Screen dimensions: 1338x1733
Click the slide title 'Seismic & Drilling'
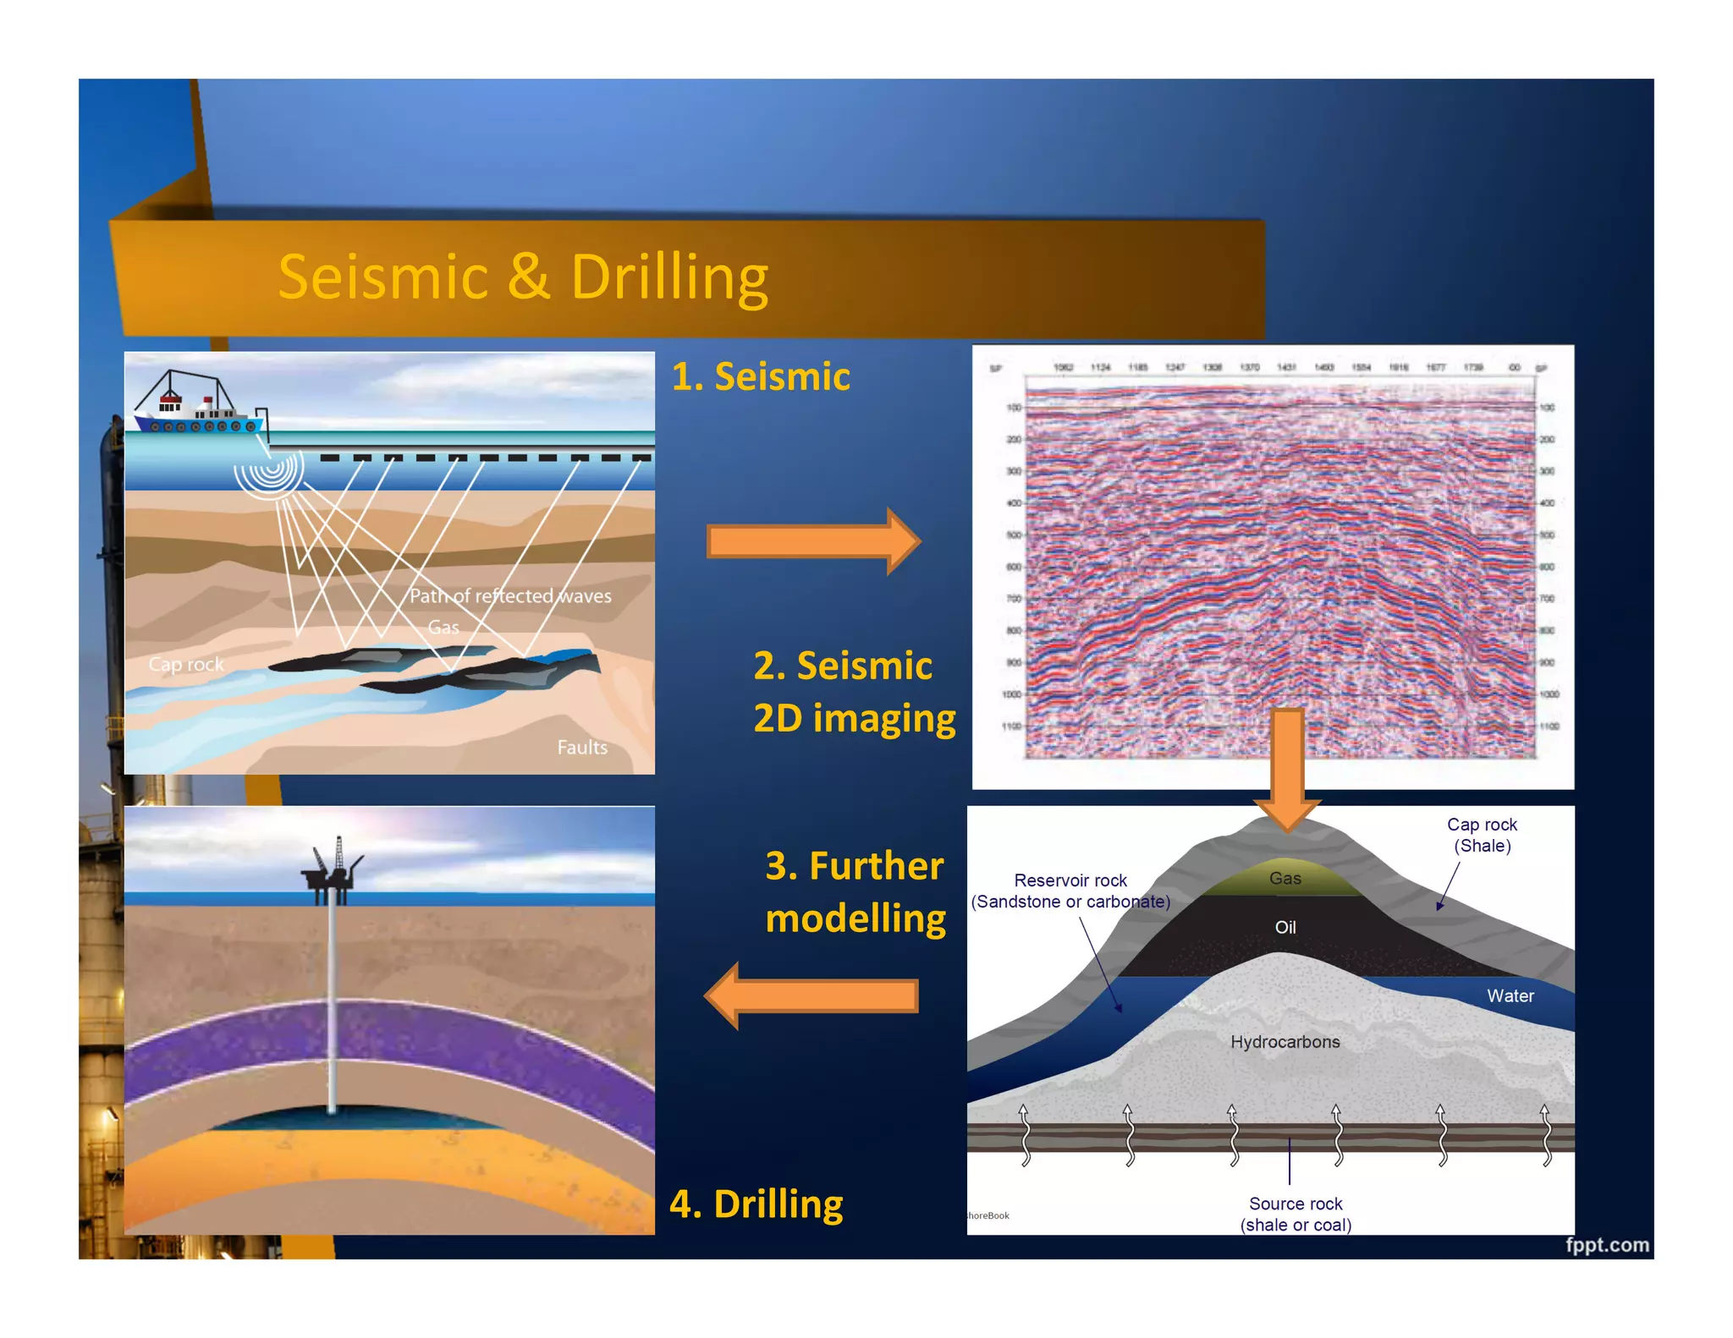coord(523,277)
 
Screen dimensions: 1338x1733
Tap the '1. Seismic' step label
coord(760,376)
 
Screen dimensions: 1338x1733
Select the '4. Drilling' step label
coord(756,1204)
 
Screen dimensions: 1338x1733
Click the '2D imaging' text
coord(854,718)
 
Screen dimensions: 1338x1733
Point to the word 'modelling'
coord(855,919)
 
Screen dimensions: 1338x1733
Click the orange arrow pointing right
coord(812,541)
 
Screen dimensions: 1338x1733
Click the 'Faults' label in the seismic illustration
coord(581,748)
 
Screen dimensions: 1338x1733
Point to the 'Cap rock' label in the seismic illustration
coord(185,665)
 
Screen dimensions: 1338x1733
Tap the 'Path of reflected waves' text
coord(509,596)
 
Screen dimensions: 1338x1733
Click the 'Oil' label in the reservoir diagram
coord(1285,928)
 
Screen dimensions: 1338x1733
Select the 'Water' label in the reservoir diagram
coord(1510,996)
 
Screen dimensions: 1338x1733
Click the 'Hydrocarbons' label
coord(1285,1042)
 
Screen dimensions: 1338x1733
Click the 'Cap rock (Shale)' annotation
coord(1482,835)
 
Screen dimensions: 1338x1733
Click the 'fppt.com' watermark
coord(1606,1245)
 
